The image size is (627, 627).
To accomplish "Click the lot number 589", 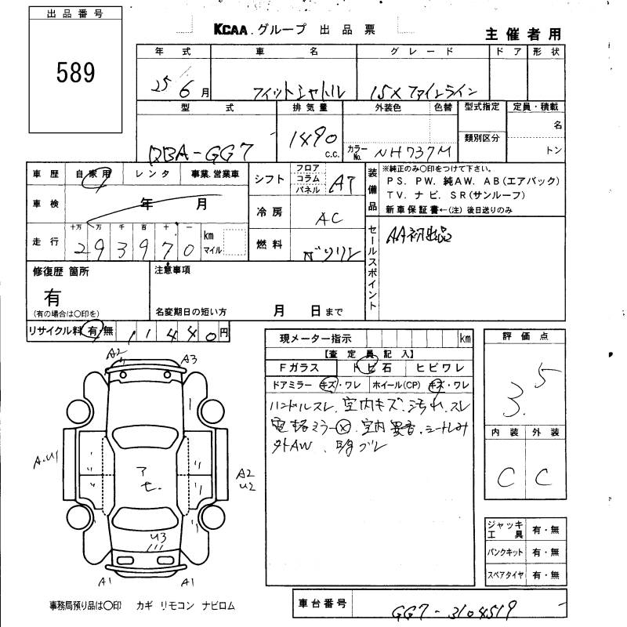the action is pyautogui.click(x=75, y=73).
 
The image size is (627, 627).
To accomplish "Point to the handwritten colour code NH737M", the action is pyautogui.click(x=415, y=150).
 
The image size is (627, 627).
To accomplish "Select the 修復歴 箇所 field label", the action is pyautogui.click(x=61, y=271).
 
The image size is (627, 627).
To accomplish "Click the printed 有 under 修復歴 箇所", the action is pyautogui.click(x=53, y=296).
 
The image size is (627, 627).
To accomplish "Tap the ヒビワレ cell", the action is pyautogui.click(x=440, y=367).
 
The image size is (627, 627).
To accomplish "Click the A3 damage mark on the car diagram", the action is pyautogui.click(x=188, y=359).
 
